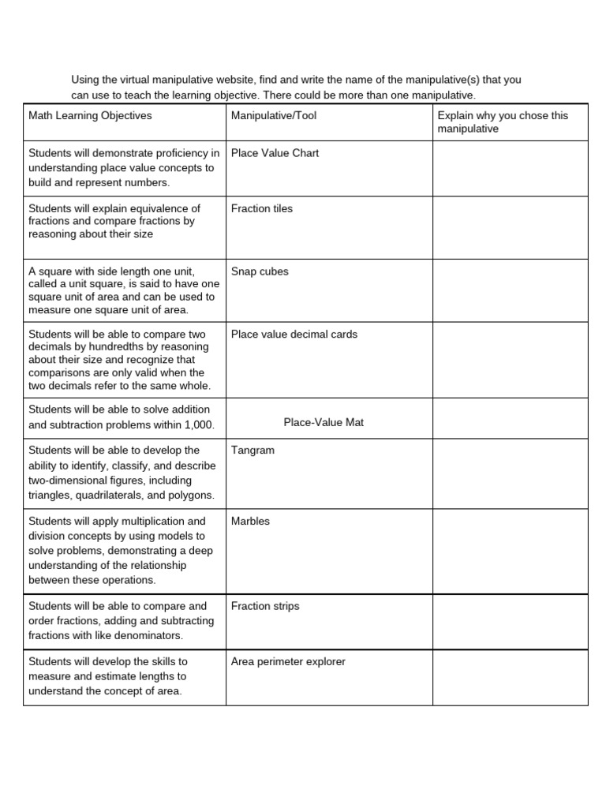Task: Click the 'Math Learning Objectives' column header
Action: point(90,116)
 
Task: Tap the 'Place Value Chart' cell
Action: point(275,153)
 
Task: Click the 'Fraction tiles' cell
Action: point(261,209)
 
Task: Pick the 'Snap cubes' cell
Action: point(260,271)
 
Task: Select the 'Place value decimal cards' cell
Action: point(294,335)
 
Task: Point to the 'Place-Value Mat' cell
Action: point(324,423)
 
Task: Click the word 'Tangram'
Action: point(252,451)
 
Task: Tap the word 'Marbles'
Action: point(250,522)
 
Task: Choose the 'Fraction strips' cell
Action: point(264,607)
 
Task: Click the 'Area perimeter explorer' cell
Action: point(288,662)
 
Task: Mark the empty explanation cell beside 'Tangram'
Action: point(510,473)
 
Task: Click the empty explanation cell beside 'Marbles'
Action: point(510,552)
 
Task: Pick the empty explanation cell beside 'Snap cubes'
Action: point(510,290)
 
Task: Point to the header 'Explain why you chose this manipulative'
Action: point(503,122)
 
